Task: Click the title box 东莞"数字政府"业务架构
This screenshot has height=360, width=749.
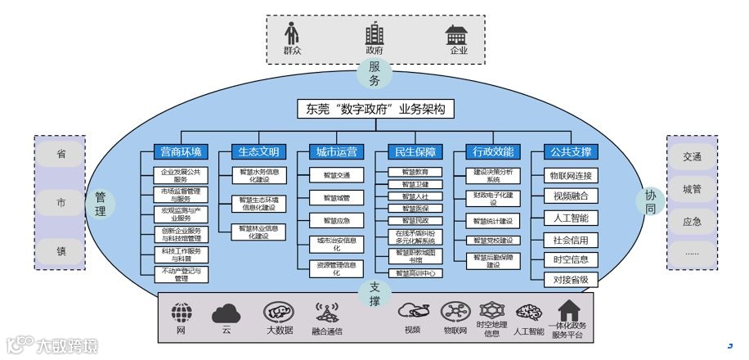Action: click(x=374, y=110)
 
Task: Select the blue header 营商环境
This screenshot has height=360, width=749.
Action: click(x=181, y=151)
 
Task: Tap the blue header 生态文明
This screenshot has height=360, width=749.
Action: click(x=258, y=151)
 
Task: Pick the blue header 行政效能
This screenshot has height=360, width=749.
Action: click(x=493, y=151)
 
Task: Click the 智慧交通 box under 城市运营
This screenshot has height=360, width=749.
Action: click(x=335, y=175)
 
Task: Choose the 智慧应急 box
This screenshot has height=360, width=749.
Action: click(x=335, y=220)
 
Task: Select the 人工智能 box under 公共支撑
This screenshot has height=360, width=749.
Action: click(x=571, y=218)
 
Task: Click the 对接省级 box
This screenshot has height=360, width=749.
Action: click(x=571, y=280)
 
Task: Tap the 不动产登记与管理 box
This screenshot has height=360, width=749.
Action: click(x=181, y=275)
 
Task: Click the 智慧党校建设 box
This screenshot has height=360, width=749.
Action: click(x=493, y=241)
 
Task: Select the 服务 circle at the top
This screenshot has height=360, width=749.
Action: click(x=374, y=74)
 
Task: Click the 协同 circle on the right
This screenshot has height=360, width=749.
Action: click(x=650, y=202)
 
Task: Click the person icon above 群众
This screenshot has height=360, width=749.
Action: click(x=292, y=34)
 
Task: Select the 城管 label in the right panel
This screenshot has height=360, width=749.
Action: click(x=693, y=189)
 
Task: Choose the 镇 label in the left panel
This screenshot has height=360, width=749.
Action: click(x=61, y=251)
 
